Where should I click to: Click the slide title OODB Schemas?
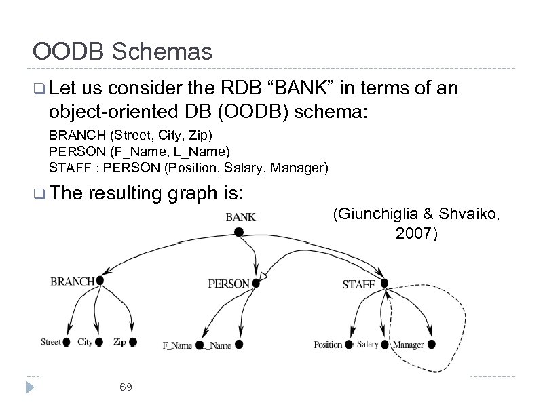[x=123, y=51]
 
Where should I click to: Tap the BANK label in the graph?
[x=240, y=217]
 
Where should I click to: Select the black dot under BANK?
[x=238, y=232]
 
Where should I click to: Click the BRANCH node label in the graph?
[x=73, y=281]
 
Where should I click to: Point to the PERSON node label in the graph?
[x=228, y=284]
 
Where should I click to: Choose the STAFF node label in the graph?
[x=358, y=284]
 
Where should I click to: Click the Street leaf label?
[x=51, y=342]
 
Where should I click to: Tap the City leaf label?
[x=85, y=342]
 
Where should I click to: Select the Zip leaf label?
[x=119, y=342]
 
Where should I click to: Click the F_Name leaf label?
[x=177, y=345]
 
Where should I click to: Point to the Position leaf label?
[x=328, y=345]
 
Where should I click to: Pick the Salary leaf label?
[x=368, y=345]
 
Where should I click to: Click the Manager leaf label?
[x=409, y=345]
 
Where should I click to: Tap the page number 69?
[x=125, y=387]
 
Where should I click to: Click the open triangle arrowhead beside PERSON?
[x=265, y=278]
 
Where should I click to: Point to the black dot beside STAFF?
[x=384, y=283]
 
